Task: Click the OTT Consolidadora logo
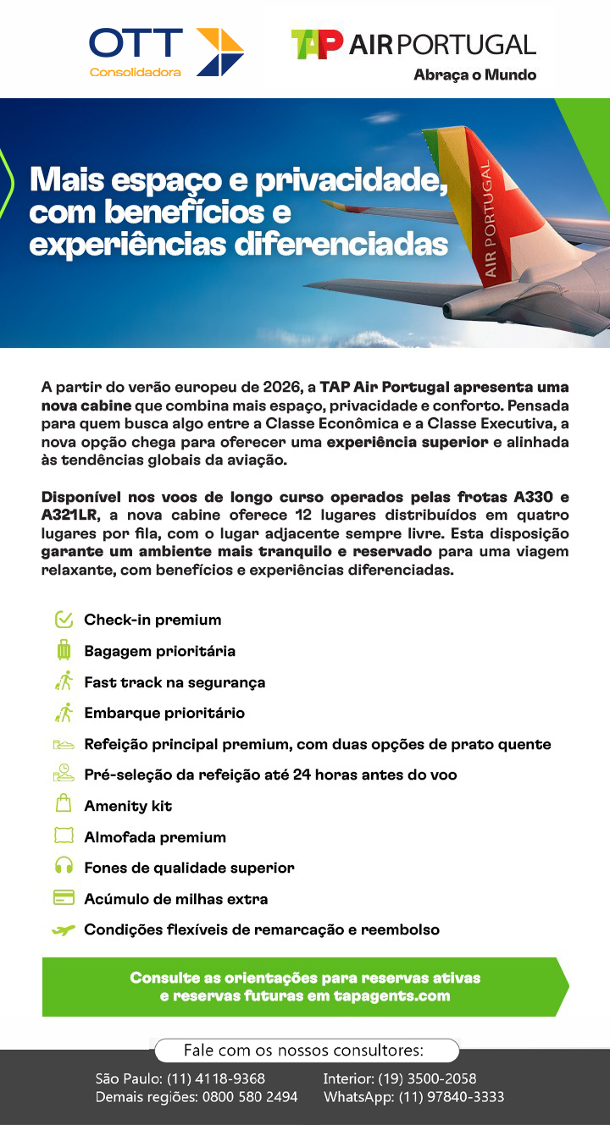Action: tap(166, 52)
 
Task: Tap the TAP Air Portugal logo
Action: tap(413, 45)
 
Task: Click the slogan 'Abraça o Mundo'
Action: tap(474, 74)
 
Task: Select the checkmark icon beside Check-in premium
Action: tap(64, 620)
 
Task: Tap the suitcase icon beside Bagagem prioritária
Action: tap(64, 651)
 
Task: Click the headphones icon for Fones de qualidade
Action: tap(64, 868)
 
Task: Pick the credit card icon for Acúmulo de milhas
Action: tap(64, 898)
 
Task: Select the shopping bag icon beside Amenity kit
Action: tap(64, 805)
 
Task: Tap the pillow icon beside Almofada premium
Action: tap(64, 836)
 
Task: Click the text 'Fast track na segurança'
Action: tap(175, 682)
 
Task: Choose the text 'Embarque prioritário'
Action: tap(164, 713)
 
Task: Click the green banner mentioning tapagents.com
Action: tap(305, 987)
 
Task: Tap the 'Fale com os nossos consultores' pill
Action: tap(305, 1051)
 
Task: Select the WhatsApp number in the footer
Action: tap(452, 1097)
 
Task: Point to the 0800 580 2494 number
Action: tap(249, 1097)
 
